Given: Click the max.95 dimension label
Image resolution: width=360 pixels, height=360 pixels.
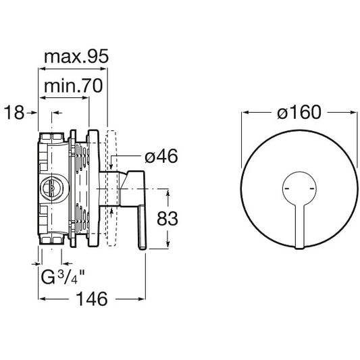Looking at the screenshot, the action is pos(76,57).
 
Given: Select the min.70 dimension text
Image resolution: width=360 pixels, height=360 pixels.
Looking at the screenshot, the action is pos(73,86).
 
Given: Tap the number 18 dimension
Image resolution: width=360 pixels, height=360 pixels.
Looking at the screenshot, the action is pos(14,113).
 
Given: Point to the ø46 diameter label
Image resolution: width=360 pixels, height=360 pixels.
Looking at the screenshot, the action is pos(161,156).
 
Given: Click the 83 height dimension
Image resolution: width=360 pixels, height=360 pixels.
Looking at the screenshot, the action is pos(168,219).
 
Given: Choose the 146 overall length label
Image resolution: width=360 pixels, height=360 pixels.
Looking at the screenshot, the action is pos(92,299).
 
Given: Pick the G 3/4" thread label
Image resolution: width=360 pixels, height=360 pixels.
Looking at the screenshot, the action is pos(63,276).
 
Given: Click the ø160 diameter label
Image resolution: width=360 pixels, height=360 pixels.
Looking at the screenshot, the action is pos(299,112).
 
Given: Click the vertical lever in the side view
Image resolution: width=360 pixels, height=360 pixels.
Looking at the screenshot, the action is pos(142,228).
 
